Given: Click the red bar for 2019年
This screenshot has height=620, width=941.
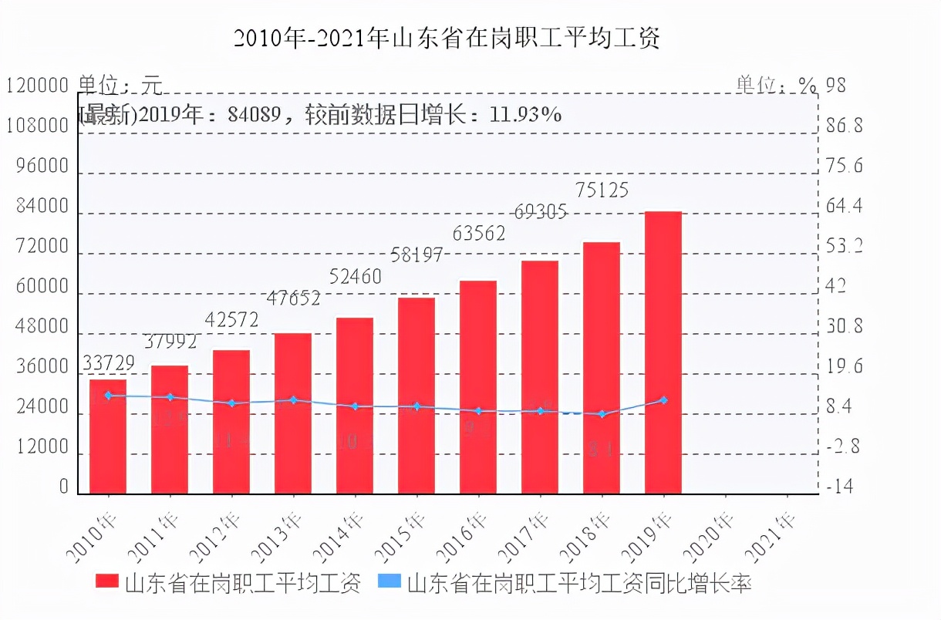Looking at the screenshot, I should (x=663, y=352).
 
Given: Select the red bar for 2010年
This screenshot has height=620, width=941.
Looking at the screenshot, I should (x=108, y=436).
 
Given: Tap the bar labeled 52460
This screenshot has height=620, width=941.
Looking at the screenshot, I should (x=355, y=405).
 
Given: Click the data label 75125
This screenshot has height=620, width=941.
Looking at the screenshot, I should (x=601, y=190).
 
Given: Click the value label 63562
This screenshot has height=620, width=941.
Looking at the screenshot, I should (x=479, y=232).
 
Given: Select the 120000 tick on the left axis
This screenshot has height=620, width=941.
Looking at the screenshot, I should (x=37, y=86).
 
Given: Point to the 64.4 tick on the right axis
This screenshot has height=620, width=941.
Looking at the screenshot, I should (x=845, y=207).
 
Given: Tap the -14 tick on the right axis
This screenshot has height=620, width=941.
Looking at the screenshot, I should (x=841, y=487).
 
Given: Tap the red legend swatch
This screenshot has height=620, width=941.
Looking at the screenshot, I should (x=106, y=582).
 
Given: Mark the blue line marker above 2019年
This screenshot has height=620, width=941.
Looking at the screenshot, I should (x=663, y=400).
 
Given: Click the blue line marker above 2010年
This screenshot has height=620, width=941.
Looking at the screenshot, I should (x=108, y=396).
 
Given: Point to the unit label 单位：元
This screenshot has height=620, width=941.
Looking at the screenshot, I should (x=120, y=85).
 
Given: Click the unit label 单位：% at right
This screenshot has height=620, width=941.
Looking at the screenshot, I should (x=775, y=85).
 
